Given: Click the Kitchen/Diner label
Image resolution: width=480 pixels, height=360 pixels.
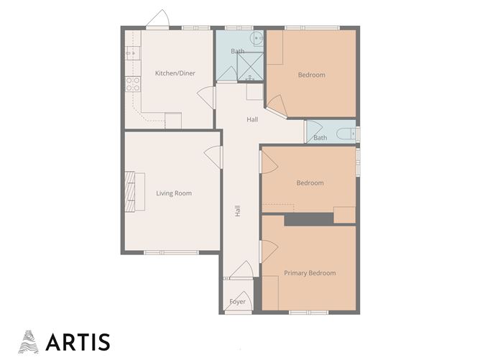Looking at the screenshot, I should (x=175, y=73).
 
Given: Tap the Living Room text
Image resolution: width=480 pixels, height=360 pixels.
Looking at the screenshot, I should (x=173, y=193).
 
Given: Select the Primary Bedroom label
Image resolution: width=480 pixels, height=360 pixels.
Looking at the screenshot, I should (x=309, y=273).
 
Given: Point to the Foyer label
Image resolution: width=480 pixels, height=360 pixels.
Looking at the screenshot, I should (x=237, y=302).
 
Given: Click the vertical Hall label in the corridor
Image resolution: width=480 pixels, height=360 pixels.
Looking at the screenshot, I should (x=237, y=211).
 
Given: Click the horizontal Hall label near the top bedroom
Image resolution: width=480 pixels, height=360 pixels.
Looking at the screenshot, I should (x=252, y=119).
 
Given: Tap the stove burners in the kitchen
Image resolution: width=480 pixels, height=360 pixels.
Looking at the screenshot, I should (x=132, y=82).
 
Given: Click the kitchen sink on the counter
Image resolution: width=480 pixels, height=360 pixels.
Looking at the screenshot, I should (x=130, y=52).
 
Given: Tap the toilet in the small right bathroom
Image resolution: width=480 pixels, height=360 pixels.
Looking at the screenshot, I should (x=348, y=132).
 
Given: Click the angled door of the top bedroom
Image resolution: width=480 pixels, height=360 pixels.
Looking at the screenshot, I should (x=277, y=108).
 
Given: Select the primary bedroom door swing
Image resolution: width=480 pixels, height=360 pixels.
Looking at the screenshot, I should (x=267, y=250).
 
